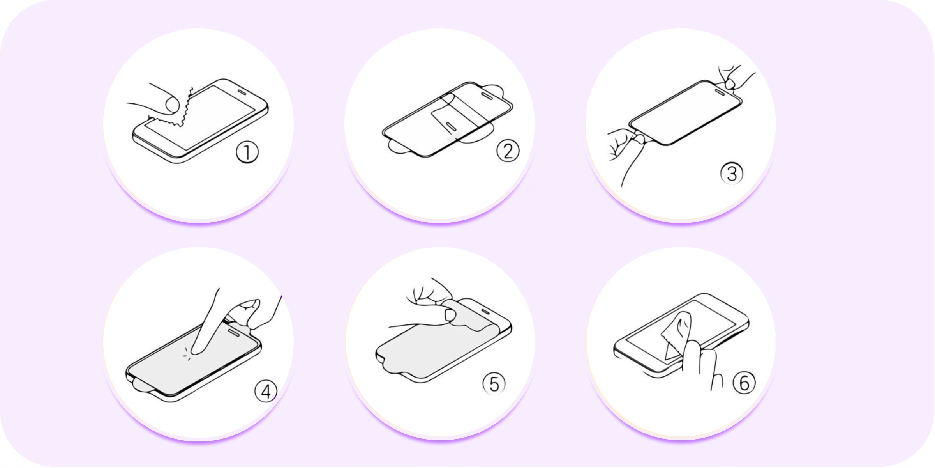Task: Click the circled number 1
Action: coord(247,152)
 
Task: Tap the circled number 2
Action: coord(508,151)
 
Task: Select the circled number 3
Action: coord(732,174)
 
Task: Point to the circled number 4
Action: coord(266,391)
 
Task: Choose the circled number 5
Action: coord(494,384)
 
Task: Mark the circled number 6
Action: coord(744,383)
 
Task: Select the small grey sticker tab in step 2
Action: coord(454,137)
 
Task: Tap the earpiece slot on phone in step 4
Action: coord(235,331)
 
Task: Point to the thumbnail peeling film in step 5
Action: coord(450,315)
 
